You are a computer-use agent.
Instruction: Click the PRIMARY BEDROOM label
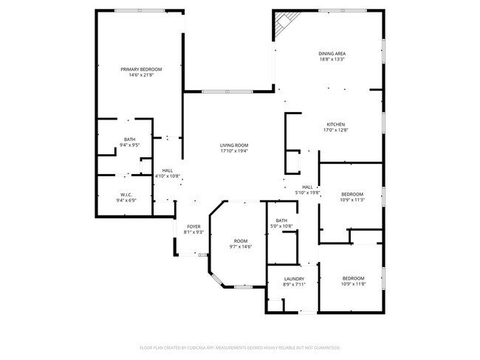[141, 69]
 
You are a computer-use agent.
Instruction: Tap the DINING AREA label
[332, 54]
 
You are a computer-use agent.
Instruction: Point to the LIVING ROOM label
[233, 145]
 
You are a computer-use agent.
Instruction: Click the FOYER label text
[193, 226]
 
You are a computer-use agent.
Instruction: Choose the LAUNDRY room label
[293, 279]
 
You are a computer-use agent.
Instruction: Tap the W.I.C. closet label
[125, 195]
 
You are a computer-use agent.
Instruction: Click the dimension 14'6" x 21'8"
[141, 75]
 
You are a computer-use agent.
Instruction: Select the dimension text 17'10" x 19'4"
[233, 151]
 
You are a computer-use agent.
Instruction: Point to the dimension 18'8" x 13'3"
[332, 60]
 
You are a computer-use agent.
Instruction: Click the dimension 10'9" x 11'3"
[352, 199]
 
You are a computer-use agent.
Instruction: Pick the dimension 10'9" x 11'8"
[352, 284]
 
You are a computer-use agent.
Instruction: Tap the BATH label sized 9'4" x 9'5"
[129, 139]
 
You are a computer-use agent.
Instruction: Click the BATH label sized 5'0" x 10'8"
[281, 220]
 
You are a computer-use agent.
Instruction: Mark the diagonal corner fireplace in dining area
[284, 24]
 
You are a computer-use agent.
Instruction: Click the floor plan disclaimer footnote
[239, 347]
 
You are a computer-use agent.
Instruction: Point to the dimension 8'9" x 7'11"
[293, 285]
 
